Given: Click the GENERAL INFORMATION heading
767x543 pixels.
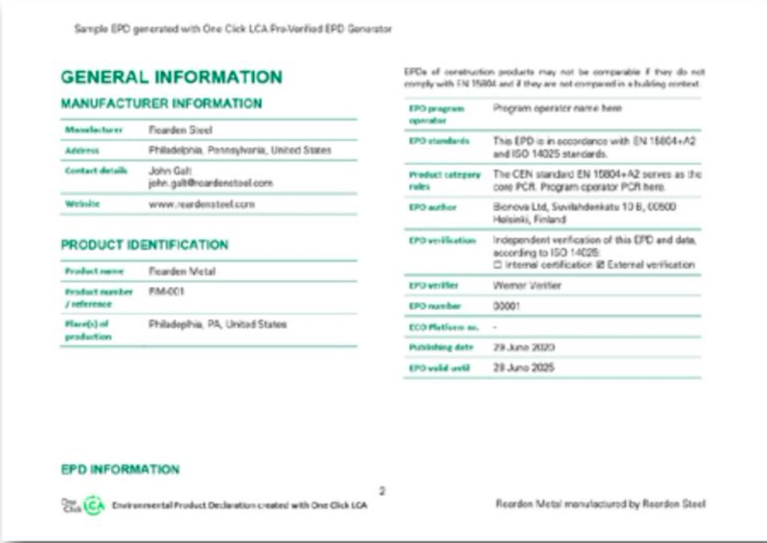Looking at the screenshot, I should [x=172, y=77].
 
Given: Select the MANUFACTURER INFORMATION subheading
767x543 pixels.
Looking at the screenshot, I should [x=161, y=103].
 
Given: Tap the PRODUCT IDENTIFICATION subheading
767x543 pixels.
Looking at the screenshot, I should [x=145, y=245].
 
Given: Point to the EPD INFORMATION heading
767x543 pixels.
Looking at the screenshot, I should [x=120, y=470].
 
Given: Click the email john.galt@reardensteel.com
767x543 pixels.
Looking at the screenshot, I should [x=210, y=183].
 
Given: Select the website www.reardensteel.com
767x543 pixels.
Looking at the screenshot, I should [x=201, y=204].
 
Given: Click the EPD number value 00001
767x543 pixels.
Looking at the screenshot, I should [x=506, y=306].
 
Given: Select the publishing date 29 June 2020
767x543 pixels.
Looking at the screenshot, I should [x=524, y=348].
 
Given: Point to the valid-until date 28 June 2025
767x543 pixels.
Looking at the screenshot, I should [x=524, y=368].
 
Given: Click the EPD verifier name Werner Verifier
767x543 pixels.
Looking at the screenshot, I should [x=527, y=285].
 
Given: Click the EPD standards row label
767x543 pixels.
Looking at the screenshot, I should [x=439, y=141].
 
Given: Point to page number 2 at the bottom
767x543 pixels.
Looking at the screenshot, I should [x=382, y=491].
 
